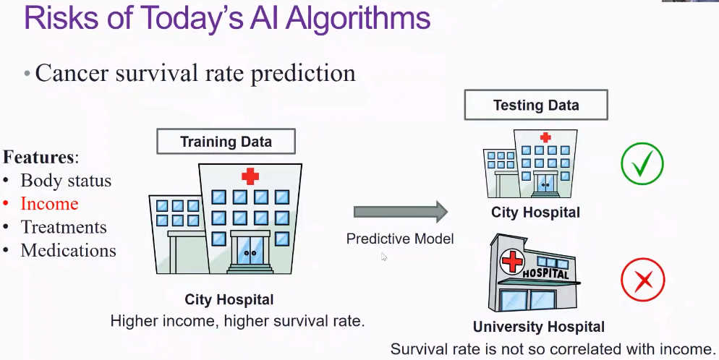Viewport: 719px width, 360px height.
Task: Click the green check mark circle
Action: [642, 164]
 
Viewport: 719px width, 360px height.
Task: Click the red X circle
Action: [642, 278]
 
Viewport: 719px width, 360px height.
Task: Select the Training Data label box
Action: [226, 141]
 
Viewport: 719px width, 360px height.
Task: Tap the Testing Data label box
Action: [536, 106]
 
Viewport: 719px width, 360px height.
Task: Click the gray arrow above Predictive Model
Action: [401, 212]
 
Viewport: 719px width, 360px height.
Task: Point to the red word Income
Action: [49, 204]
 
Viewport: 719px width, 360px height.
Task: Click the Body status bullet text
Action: [66, 181]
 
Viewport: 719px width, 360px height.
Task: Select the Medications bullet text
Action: [68, 251]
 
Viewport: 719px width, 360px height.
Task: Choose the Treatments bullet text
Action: [64, 227]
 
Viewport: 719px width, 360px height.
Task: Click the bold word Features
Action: [38, 157]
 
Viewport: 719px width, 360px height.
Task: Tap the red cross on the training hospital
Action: [250, 176]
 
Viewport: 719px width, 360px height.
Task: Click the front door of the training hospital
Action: [250, 254]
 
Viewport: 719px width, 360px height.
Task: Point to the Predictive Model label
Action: [400, 239]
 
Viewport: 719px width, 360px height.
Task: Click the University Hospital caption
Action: [539, 327]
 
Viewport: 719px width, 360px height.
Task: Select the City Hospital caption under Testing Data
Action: [535, 213]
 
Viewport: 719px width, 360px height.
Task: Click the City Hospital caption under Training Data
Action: [229, 299]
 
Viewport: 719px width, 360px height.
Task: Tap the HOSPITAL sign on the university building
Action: [545, 273]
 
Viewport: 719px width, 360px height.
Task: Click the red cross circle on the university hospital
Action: [512, 260]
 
